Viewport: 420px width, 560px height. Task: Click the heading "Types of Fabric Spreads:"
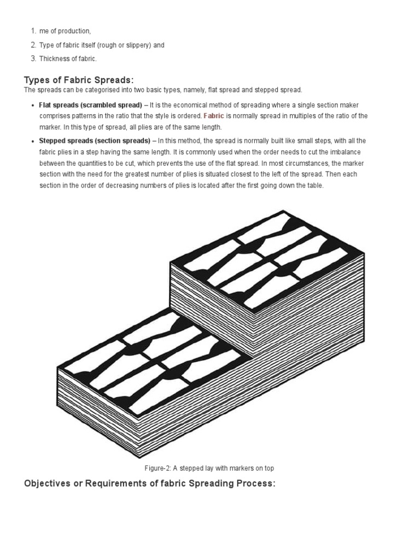pyautogui.click(x=79, y=80)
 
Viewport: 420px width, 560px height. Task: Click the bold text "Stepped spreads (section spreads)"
pyautogui.click(x=95, y=141)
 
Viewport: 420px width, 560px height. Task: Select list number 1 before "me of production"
pyautogui.click(x=33, y=31)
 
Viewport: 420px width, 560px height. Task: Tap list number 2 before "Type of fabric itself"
pyautogui.click(x=33, y=45)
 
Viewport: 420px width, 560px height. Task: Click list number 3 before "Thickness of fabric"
pyautogui.click(x=33, y=59)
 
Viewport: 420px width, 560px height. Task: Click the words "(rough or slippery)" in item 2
pyautogui.click(x=124, y=45)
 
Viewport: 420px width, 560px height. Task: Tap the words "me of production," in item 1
pyautogui.click(x=65, y=31)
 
